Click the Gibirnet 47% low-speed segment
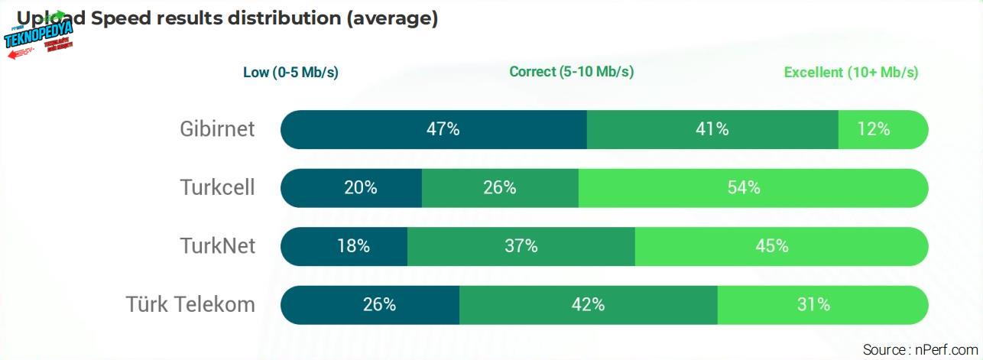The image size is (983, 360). click(x=434, y=129)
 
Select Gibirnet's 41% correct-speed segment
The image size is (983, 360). click(x=712, y=129)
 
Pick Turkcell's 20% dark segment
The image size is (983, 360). click(x=352, y=188)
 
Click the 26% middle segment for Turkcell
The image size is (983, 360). click(x=500, y=188)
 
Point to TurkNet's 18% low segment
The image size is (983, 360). click(x=345, y=246)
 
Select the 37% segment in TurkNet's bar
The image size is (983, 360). click(x=521, y=246)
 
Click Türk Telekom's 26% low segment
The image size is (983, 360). click(x=371, y=304)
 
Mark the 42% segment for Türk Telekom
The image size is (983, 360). click(x=589, y=304)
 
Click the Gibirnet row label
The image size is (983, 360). click(x=217, y=129)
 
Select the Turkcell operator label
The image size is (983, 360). click(x=217, y=188)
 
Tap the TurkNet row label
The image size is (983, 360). click(x=217, y=246)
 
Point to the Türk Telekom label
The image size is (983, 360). click(x=190, y=304)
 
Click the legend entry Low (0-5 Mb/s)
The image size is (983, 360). click(x=290, y=73)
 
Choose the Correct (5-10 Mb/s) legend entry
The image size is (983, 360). click(x=571, y=72)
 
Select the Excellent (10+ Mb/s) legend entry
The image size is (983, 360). click(x=851, y=73)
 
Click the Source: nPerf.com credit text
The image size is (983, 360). click(x=920, y=350)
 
